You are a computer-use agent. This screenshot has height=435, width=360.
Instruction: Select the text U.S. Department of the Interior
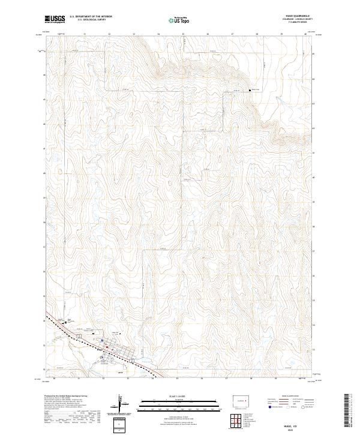[x=91, y=17]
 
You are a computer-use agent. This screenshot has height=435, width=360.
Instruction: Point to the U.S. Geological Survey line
[x=91, y=20]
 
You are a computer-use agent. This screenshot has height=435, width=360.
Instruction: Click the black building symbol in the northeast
[x=250, y=91]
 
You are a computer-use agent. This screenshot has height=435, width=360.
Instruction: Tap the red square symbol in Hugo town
[x=106, y=347]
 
